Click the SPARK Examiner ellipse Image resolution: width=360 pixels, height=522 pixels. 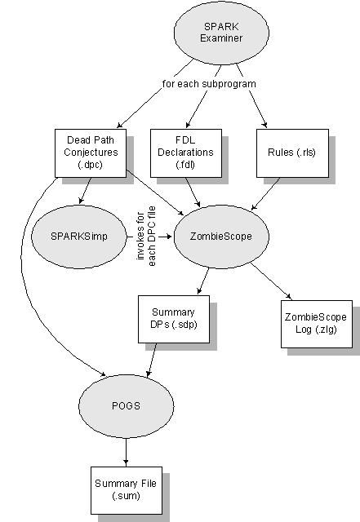[x=221, y=33]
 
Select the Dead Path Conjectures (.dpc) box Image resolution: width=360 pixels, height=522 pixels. [x=91, y=153]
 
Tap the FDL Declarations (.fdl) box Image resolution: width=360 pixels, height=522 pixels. [x=186, y=153]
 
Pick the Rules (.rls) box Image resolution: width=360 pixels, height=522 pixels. [x=292, y=153]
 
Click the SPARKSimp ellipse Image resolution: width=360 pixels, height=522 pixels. [x=79, y=237]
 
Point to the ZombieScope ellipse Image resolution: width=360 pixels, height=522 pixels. [x=221, y=237]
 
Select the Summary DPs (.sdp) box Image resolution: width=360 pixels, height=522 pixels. [x=174, y=319]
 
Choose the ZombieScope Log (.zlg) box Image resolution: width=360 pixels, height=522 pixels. [x=317, y=324]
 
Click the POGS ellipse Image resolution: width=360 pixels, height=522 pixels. [x=126, y=406]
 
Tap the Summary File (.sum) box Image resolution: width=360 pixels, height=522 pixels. [x=127, y=490]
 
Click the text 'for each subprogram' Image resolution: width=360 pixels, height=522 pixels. [x=209, y=83]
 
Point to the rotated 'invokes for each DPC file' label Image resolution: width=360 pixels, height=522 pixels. [x=146, y=237]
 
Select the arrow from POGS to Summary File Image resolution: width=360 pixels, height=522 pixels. [x=126, y=452]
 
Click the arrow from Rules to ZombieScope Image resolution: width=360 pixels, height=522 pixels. [x=265, y=194]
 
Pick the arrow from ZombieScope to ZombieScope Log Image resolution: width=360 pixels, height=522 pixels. [x=271, y=281]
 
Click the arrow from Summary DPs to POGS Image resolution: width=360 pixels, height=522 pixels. [x=152, y=360]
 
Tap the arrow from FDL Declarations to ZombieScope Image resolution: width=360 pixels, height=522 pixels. [x=193, y=192]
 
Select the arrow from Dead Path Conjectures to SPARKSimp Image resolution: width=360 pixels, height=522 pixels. [x=85, y=190]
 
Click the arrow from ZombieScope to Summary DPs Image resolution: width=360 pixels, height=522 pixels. [x=203, y=281]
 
